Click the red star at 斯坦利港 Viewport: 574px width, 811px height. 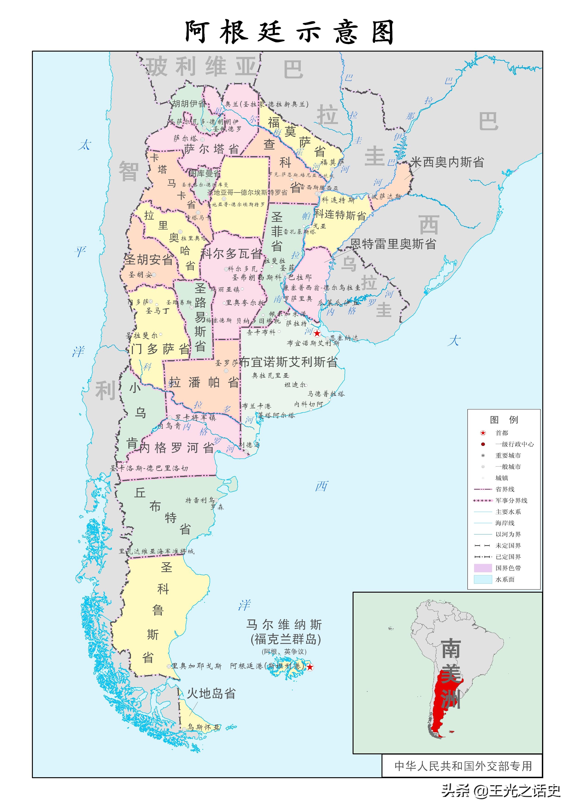pos(310,667)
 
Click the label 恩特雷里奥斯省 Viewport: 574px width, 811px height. pos(393,244)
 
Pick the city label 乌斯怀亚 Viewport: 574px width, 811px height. pos(203,727)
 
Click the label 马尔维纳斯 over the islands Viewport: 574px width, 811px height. pos(284,625)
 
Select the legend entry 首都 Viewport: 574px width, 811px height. pos(502,433)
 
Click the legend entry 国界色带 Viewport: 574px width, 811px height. pos(508,568)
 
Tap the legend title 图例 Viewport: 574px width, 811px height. pos(504,419)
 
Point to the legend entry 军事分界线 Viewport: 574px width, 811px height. pos(511,500)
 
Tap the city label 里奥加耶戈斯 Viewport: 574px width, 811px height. pos(196,666)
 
